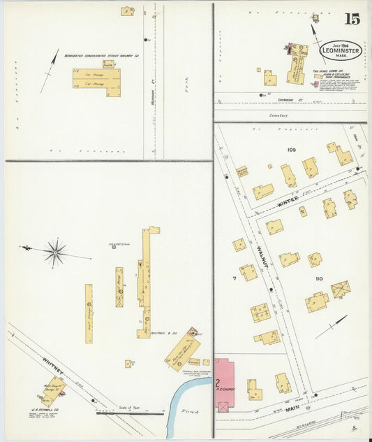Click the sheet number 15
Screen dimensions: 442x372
[352, 19]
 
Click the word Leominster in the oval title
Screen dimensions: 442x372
[341, 51]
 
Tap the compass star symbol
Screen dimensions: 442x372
[55, 251]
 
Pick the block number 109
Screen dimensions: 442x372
[291, 150]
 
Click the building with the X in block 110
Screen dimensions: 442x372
[340, 288]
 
